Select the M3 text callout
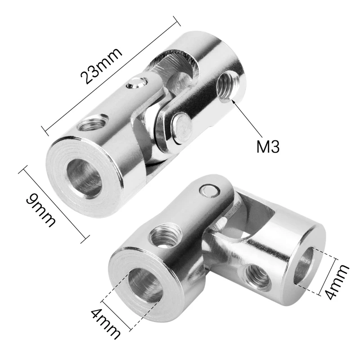pyautogui.click(x=268, y=147)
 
